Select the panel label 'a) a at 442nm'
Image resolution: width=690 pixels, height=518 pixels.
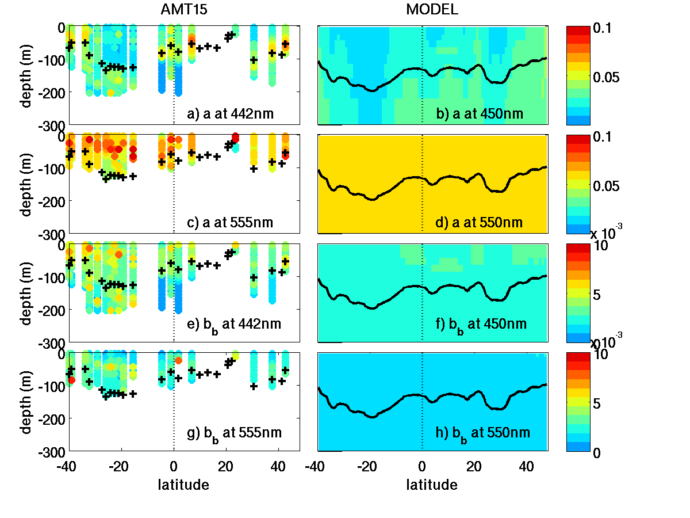231,113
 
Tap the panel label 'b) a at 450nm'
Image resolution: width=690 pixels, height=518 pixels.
480,113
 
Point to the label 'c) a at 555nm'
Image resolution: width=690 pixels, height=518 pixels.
231,222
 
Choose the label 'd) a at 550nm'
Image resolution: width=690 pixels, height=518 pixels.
480,222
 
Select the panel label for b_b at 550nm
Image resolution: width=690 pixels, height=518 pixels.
482,433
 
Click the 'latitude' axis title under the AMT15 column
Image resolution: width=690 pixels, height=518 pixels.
183,485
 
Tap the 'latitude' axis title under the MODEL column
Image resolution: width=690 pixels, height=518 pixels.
432,485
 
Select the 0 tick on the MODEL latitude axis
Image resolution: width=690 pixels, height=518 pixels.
423,465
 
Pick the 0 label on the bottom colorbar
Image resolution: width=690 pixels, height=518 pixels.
597,452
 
